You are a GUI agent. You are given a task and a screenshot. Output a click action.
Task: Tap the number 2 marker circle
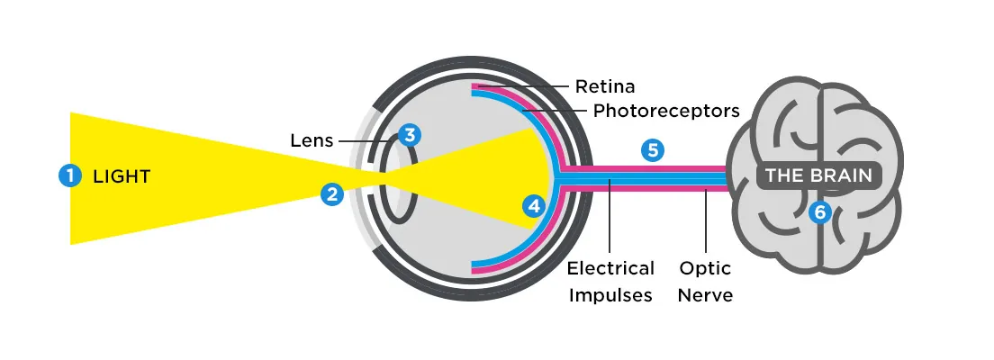pos(333,193)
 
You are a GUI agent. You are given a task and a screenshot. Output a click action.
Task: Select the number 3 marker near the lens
pos(410,135)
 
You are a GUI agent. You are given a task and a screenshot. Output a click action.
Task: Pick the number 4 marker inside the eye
pos(535,206)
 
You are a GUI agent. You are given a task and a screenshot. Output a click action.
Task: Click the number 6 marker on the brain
pos(818,212)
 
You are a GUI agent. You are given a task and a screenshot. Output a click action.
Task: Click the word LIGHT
pos(122,176)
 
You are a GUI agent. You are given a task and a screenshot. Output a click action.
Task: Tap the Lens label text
pos(312,140)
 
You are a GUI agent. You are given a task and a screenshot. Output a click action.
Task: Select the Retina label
pos(605,87)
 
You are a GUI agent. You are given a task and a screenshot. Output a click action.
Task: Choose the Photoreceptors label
pos(666,111)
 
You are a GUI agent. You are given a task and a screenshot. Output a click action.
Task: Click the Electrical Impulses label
pos(610,282)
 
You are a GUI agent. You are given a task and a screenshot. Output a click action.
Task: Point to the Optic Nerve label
pos(705,282)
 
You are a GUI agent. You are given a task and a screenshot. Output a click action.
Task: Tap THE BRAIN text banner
pos(818,175)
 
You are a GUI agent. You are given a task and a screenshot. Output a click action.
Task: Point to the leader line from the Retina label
pos(522,87)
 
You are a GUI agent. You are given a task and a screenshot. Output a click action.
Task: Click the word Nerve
pos(705,295)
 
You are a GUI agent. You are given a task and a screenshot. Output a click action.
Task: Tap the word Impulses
pos(610,295)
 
